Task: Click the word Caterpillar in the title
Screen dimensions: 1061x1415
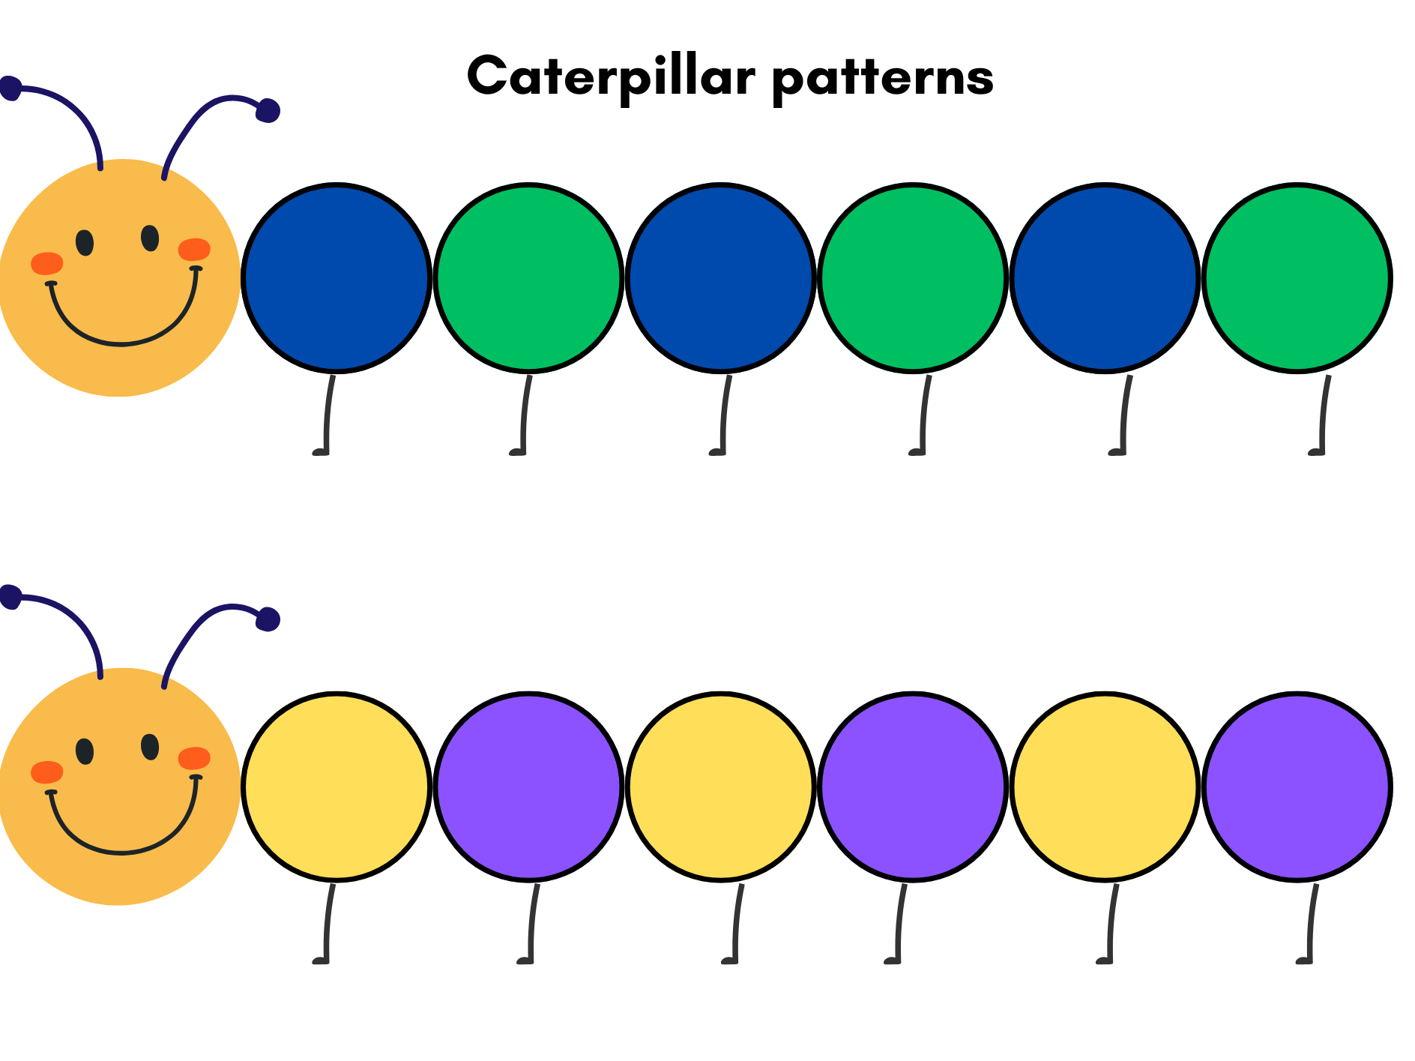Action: pyautogui.click(x=610, y=76)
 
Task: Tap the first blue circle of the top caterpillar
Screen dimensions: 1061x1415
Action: pyautogui.click(x=337, y=277)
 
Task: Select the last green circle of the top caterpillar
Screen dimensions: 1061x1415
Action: pyautogui.click(x=1297, y=277)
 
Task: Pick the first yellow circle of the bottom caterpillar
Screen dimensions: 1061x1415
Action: pyautogui.click(x=337, y=786)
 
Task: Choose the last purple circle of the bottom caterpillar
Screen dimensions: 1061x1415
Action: pyautogui.click(x=1297, y=786)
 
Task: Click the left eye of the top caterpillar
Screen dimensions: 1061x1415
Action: pyautogui.click(x=85, y=242)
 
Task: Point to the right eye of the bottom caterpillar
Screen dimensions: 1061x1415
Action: pyautogui.click(x=150, y=747)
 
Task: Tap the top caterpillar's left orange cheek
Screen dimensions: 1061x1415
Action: pyautogui.click(x=46, y=263)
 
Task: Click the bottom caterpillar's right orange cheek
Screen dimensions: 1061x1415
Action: pyautogui.click(x=194, y=758)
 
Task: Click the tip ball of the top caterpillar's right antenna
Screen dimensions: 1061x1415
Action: pyautogui.click(x=268, y=110)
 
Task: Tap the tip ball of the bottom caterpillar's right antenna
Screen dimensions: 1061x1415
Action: pyautogui.click(x=268, y=619)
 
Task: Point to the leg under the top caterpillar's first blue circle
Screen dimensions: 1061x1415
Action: pyautogui.click(x=328, y=416)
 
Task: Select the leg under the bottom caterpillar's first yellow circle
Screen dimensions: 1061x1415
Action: pyautogui.click(x=328, y=925)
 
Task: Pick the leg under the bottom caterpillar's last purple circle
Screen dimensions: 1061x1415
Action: pyautogui.click(x=1312, y=925)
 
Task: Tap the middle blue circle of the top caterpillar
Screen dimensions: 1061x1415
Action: pyautogui.click(x=720, y=277)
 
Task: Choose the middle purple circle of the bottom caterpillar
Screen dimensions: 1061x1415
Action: pyautogui.click(x=913, y=786)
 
